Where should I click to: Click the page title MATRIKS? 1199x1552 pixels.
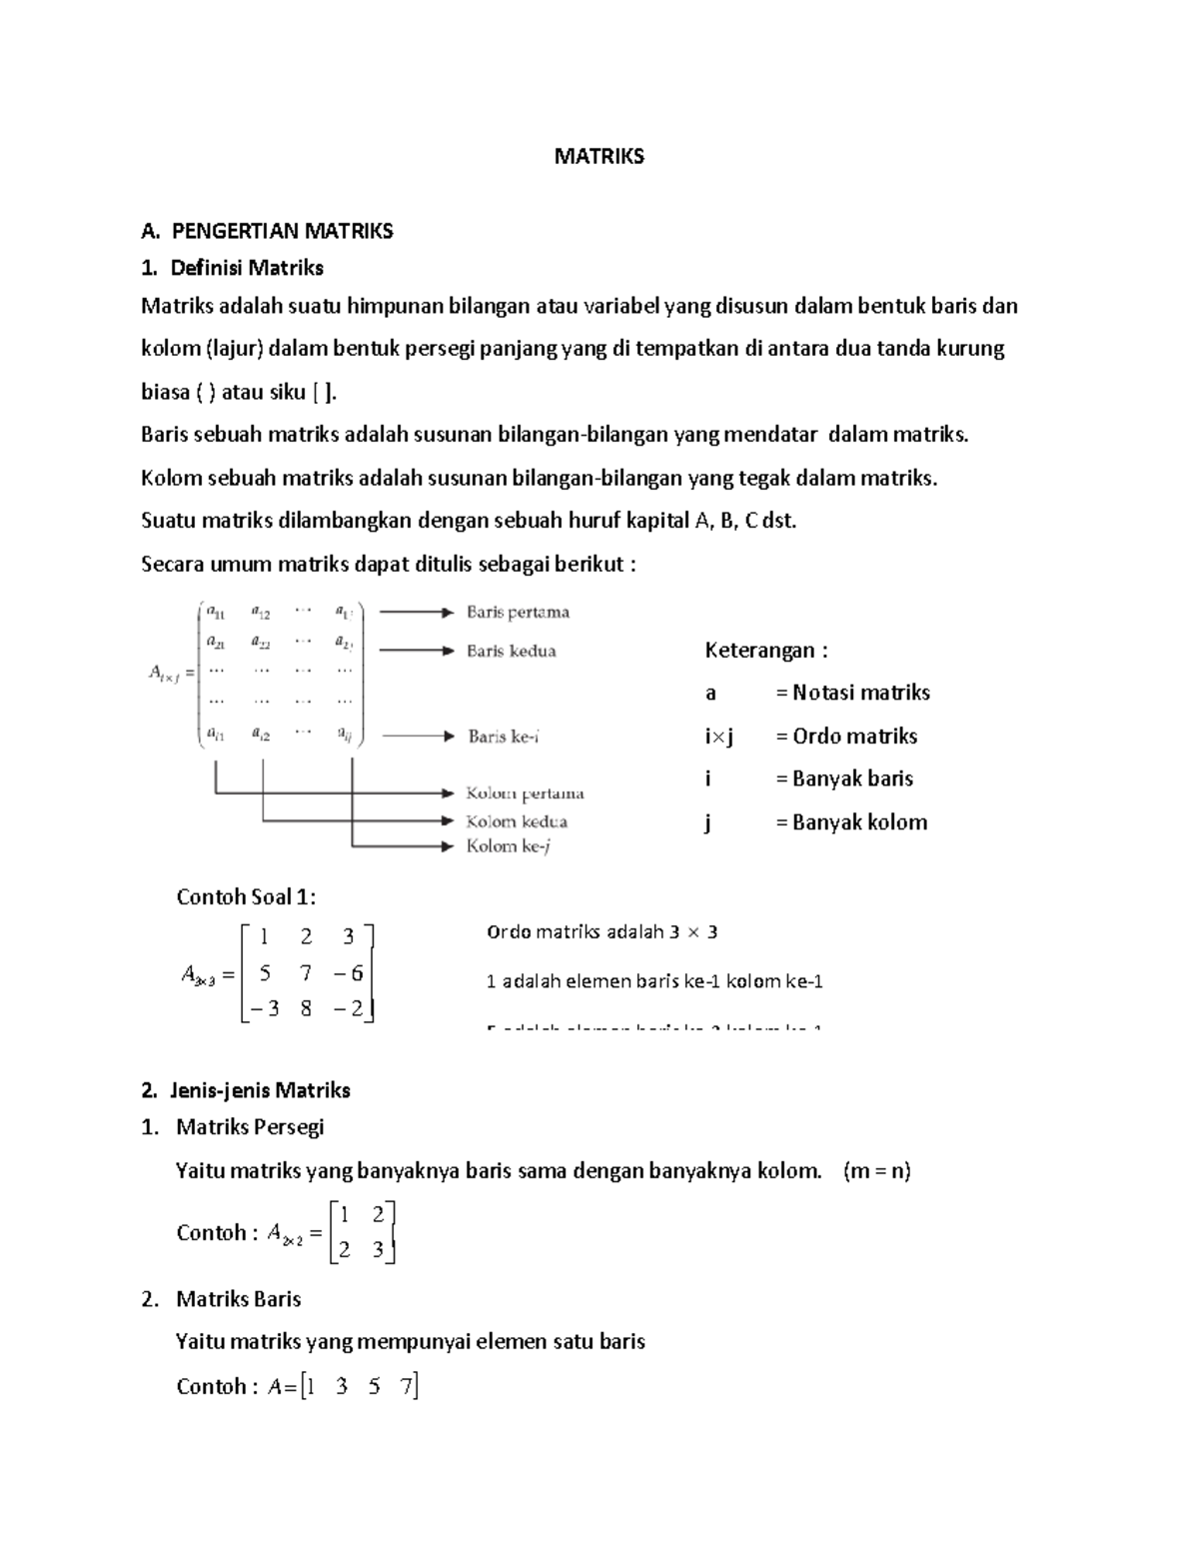(x=599, y=157)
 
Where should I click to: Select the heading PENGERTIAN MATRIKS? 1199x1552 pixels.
(x=282, y=232)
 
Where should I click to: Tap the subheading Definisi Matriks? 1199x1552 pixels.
(x=246, y=268)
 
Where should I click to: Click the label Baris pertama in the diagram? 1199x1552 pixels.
(x=518, y=613)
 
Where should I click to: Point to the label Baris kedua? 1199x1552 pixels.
(x=511, y=652)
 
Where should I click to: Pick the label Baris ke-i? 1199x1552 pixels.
(x=504, y=738)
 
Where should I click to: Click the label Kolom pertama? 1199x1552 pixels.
(x=525, y=794)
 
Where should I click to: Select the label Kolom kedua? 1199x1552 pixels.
(x=517, y=822)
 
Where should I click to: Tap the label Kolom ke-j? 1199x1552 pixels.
(x=509, y=847)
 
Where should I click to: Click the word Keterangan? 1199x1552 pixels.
(x=765, y=652)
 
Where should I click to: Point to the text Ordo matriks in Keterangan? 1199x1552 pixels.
(x=854, y=737)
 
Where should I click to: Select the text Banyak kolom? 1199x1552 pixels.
(x=859, y=822)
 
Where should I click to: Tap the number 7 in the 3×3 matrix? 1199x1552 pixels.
(x=306, y=973)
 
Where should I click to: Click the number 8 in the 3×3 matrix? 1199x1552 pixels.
(x=306, y=1009)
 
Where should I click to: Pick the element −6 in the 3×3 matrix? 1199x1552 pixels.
(x=349, y=973)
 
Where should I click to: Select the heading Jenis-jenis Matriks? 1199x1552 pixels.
(x=260, y=1090)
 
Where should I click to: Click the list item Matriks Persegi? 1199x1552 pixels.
(x=250, y=1127)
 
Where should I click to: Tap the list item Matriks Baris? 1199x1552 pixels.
(x=238, y=1299)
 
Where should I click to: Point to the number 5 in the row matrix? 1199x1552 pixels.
(x=374, y=1387)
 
